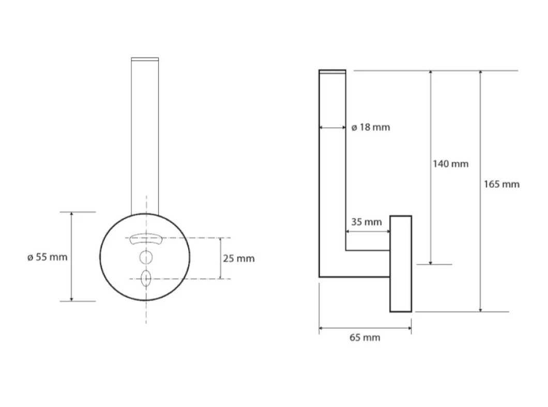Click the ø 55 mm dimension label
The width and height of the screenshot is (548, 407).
click(47, 257)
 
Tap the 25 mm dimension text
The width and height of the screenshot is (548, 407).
click(239, 259)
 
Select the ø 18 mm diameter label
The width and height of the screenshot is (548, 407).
click(371, 127)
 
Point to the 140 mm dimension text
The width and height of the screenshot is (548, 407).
click(450, 163)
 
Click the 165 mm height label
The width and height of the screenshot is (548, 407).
click(501, 184)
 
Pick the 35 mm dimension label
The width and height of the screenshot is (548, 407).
click(366, 222)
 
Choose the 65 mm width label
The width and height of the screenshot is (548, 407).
click(365, 337)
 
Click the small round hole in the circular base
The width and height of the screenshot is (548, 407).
click(146, 258)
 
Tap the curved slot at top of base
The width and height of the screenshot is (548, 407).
click(146, 238)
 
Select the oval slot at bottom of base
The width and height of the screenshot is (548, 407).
click(146, 279)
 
